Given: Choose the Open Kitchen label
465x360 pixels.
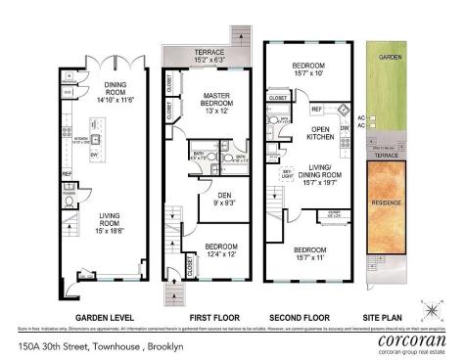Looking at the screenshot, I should point(318,133).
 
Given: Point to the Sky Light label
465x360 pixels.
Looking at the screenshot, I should point(289,172).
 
